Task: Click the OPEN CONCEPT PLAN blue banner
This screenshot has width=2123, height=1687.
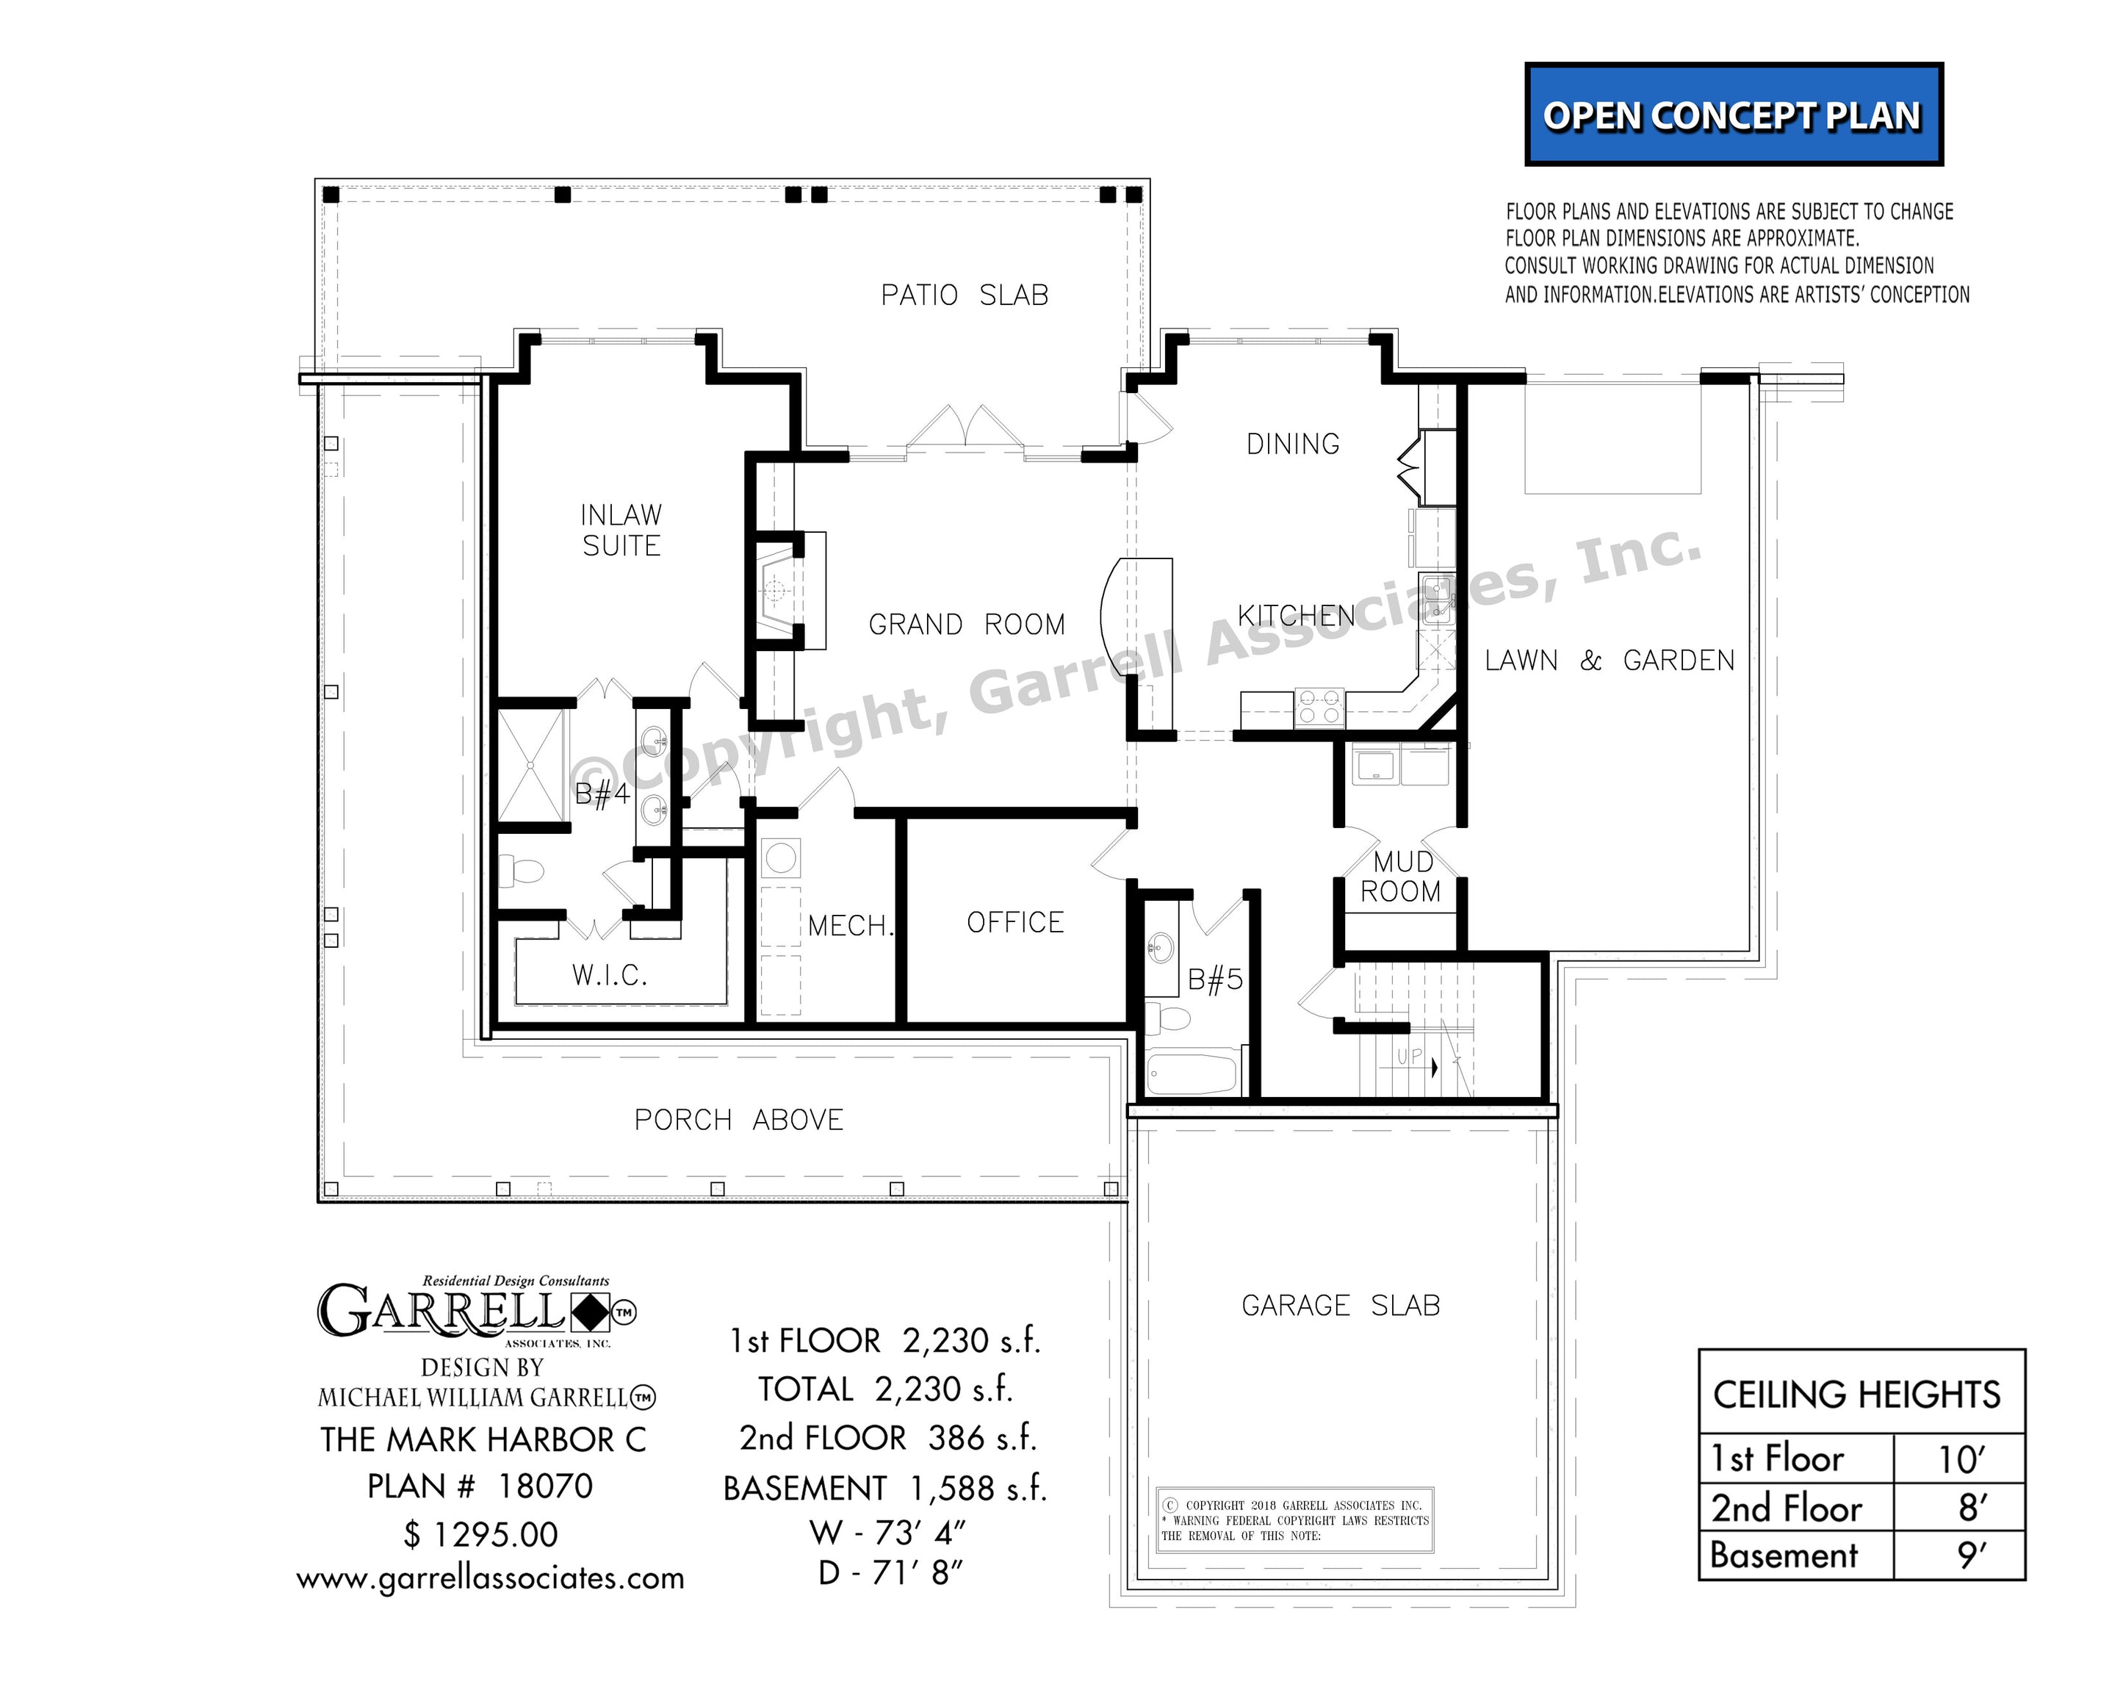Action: coord(1733,114)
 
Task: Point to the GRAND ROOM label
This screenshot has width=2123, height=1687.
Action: coord(966,625)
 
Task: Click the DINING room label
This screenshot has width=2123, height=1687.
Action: coord(1293,444)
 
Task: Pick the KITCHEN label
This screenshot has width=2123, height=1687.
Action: coord(1296,616)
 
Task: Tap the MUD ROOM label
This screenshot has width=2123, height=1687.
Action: coord(1400,877)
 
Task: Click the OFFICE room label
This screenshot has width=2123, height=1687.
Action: coord(1015,923)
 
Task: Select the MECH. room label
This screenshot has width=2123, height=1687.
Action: coord(851,926)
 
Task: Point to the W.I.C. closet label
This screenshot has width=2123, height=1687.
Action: coord(610,975)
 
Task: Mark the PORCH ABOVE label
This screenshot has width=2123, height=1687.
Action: coord(738,1120)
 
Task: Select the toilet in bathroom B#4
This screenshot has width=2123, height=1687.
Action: coord(522,871)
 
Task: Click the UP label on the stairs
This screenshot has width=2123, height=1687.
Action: coord(1409,1057)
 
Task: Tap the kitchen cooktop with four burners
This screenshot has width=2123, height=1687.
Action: coord(1319,707)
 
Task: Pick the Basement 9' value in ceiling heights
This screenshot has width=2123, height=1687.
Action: coord(1972,1556)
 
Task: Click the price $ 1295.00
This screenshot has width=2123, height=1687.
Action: coord(480,1534)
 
